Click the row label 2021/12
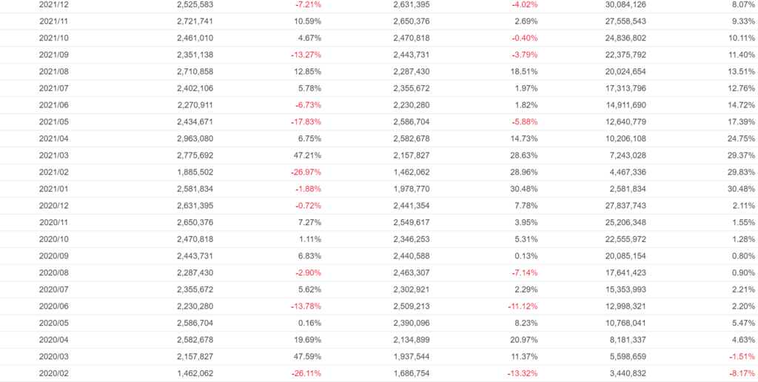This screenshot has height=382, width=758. (x=53, y=4)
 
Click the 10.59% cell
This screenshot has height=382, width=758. (x=306, y=21)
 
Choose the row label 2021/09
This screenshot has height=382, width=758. (x=53, y=55)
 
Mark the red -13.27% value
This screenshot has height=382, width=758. (x=303, y=55)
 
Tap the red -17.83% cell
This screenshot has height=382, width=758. (x=303, y=121)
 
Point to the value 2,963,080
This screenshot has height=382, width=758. (x=195, y=138)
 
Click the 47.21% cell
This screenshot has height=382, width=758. (x=306, y=155)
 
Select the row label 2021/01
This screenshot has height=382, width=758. (x=53, y=189)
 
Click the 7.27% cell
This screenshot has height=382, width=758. (x=308, y=222)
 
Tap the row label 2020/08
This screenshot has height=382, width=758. (x=53, y=272)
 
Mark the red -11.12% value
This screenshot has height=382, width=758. (x=520, y=306)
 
